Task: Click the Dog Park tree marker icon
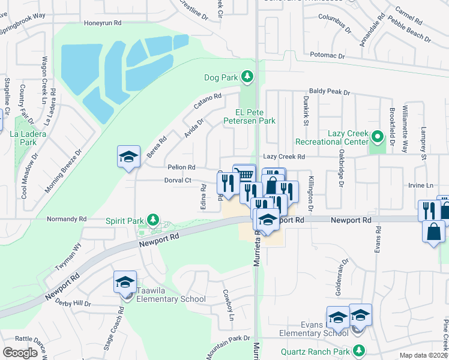246,77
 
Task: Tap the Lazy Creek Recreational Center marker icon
377,137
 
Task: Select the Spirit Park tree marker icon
153,220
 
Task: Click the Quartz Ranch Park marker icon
360,350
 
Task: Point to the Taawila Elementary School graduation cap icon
125,282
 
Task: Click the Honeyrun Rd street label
103,23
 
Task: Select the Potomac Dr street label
328,56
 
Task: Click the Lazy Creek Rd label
284,157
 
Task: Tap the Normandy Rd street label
63,219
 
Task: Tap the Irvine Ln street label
421,186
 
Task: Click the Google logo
20,353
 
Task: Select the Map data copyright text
424,355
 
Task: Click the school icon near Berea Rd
128,157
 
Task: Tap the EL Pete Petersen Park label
256,116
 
